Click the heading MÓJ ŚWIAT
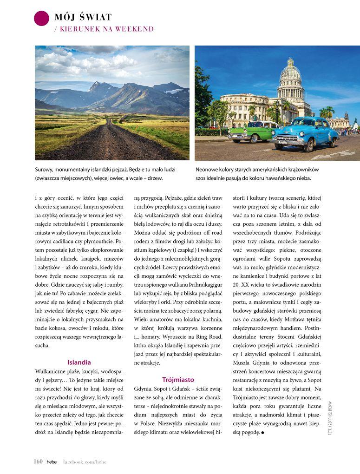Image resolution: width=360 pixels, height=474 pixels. pyautogui.click(x=83, y=18)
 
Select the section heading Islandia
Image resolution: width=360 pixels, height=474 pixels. pyautogui.click(x=79, y=362)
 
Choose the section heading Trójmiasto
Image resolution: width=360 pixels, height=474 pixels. pyautogui.click(x=178, y=380)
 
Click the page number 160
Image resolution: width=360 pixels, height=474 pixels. pyautogui.click(x=38, y=461)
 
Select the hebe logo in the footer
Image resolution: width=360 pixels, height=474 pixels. pyautogui.click(x=51, y=461)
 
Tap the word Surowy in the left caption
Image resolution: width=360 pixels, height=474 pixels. pyautogui.click(x=45, y=170)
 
